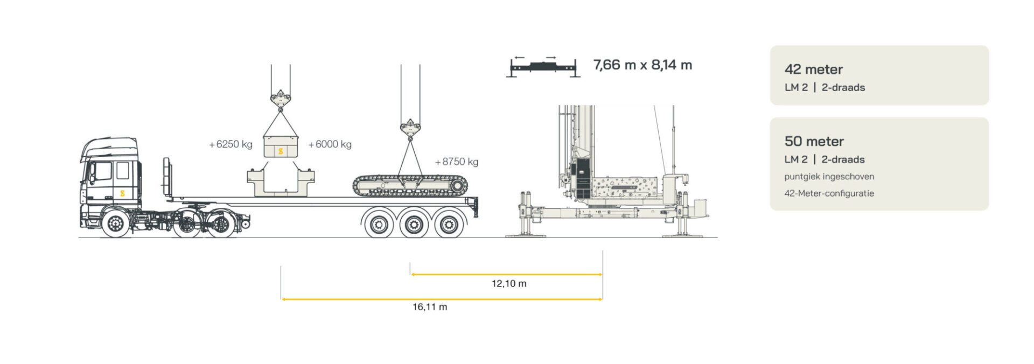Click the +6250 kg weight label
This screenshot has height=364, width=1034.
coord(230,144)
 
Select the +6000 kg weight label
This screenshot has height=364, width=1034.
coord(330,144)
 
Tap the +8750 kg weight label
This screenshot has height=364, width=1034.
coord(457,162)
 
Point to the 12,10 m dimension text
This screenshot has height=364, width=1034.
coord(509,284)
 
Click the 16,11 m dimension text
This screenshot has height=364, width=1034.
coord(430,307)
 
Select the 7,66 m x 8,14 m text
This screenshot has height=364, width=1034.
coord(642,65)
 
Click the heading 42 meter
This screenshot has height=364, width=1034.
coord(813,69)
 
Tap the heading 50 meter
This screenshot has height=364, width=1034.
coord(814,141)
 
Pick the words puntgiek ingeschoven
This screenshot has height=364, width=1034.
coord(829,177)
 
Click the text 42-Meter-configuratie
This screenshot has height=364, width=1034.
coord(829,193)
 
